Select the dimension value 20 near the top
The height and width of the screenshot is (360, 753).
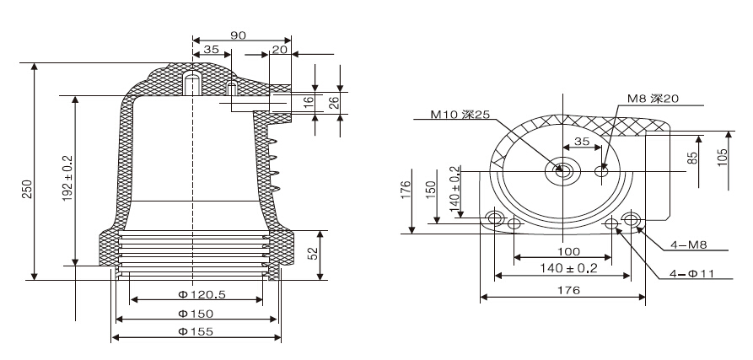click(x=279, y=50)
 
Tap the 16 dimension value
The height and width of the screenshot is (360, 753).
click(x=309, y=101)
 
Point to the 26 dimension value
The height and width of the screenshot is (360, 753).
click(x=333, y=101)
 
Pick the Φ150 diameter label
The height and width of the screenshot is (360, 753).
click(x=195, y=314)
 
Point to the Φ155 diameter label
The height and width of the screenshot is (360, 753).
click(x=195, y=331)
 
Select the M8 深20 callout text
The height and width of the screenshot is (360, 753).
click(x=653, y=99)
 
